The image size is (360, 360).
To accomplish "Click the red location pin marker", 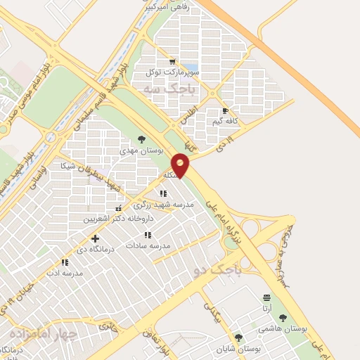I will point(181,165).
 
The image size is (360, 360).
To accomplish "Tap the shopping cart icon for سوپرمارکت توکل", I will point(172,61).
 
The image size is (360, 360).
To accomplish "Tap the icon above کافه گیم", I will point(225,110).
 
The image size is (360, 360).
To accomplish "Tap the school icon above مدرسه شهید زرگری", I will point(163,193).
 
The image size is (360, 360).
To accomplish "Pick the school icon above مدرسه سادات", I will point(148,235).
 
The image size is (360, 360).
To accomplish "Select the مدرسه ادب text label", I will point(65,272).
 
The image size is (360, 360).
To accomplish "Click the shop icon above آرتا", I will point(266,297).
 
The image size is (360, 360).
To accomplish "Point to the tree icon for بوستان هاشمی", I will point(283,318).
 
